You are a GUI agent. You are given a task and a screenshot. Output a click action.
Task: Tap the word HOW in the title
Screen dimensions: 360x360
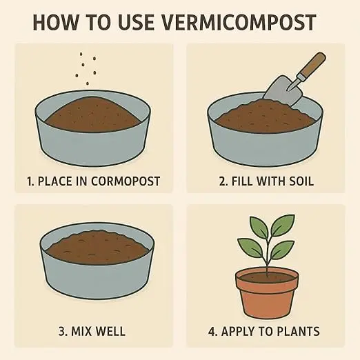pyautogui.click(x=55, y=23)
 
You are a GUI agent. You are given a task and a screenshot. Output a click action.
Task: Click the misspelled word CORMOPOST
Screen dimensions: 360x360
pyautogui.click(x=126, y=181)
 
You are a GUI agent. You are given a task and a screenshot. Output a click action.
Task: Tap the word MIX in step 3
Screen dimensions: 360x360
pyautogui.click(x=81, y=331)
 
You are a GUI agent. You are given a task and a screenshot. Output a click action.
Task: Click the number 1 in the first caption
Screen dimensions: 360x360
pyautogui.click(x=29, y=181)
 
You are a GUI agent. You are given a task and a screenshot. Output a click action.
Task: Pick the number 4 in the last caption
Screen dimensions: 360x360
pyautogui.click(x=212, y=332)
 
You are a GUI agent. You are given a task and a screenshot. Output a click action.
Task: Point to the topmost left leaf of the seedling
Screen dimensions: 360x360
pyautogui.click(x=259, y=227)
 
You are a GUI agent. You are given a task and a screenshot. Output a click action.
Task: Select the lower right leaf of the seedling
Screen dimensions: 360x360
pyautogui.click(x=282, y=250)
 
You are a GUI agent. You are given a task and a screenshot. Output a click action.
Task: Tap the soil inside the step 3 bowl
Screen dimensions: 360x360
pyautogui.click(x=97, y=247)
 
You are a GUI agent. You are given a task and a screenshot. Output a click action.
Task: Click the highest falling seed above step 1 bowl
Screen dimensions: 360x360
pyautogui.click(x=81, y=54)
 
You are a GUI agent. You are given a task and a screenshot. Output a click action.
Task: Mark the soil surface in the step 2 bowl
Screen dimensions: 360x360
pyautogui.click(x=264, y=116)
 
